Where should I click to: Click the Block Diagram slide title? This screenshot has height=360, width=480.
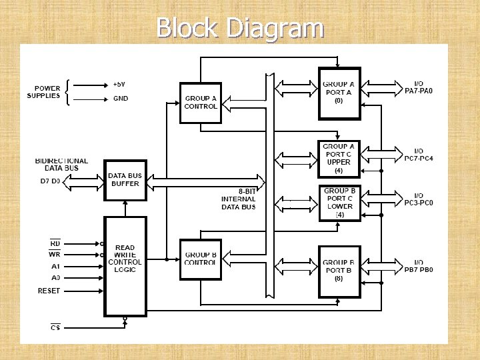pos(240,28)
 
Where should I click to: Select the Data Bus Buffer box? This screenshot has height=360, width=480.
pos(125,179)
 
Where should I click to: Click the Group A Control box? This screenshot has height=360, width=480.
pos(201,103)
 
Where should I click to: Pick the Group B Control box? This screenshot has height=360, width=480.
pos(201,259)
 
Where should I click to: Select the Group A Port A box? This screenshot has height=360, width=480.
pos(339,93)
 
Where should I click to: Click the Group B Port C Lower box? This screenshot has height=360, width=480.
pos(339,203)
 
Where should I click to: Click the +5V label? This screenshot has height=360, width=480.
pos(120,85)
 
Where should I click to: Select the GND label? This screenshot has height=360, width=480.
pos(121,99)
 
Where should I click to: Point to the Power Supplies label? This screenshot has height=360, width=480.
pos(43,92)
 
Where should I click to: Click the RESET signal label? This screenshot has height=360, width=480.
pos(49,291)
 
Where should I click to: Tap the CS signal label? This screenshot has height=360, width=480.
pos(55,327)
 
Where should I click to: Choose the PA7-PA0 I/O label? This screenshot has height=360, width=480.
pos(419,87)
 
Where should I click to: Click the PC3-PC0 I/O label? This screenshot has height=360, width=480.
pos(419,199)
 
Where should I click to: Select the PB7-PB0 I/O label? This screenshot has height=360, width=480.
pos(419,266)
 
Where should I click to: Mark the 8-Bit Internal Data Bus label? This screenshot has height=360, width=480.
pos(239,199)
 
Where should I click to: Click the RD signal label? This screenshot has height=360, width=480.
pos(55,243)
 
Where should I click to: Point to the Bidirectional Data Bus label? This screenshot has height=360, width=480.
pos(61,165)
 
